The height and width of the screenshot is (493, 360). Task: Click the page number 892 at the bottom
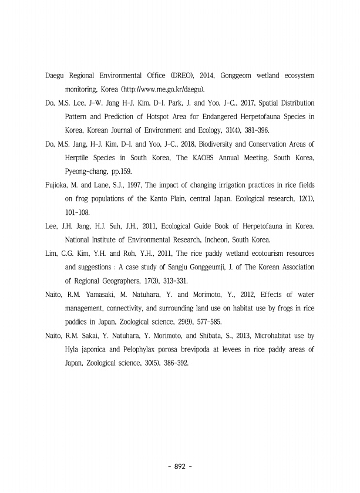coord(180,467)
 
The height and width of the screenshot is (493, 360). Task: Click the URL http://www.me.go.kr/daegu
coord(165,89)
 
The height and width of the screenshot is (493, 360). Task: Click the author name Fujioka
coord(58,185)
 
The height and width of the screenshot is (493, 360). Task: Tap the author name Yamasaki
coord(102,294)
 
